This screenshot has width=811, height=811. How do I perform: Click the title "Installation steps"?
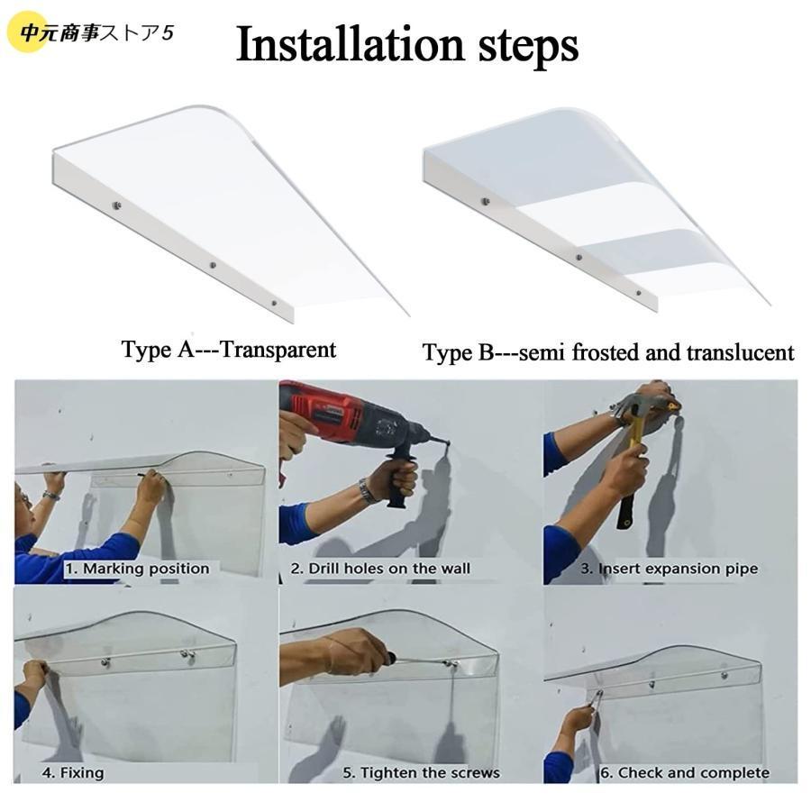pyautogui.click(x=406, y=46)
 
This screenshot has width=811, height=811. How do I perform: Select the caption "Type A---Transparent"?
pyautogui.click(x=229, y=350)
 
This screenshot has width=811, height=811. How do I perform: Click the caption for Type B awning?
pyautogui.click(x=608, y=352)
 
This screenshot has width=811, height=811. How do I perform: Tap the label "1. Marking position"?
pyautogui.click(x=137, y=569)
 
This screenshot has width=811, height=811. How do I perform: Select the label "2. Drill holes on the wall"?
pyautogui.click(x=380, y=569)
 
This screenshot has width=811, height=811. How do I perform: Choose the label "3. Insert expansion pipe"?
pyautogui.click(x=670, y=569)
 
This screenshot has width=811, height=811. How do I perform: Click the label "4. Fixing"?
pyautogui.click(x=73, y=773)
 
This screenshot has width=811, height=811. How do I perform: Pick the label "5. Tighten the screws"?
pyautogui.click(x=422, y=773)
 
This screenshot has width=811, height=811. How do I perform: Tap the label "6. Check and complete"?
pyautogui.click(x=685, y=773)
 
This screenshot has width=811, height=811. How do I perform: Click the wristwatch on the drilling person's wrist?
pyautogui.click(x=366, y=490)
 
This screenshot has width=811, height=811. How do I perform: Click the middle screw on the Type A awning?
pyautogui.click(x=212, y=265)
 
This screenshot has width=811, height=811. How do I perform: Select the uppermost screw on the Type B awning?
pyautogui.click(x=485, y=201)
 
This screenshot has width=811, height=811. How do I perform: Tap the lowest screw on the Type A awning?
pyautogui.click(x=274, y=303)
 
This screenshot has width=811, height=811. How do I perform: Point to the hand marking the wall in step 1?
pyautogui.click(x=151, y=487)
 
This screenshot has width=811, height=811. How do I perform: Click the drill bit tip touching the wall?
pyautogui.click(x=448, y=443)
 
